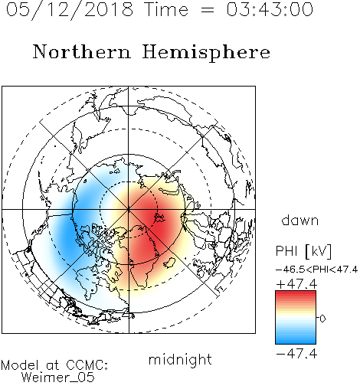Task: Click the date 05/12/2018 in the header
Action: pos(70,10)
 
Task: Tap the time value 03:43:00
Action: pos(270,9)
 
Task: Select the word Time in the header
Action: pos(166,9)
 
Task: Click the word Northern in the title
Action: pos(82,51)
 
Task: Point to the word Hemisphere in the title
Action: pos(206,53)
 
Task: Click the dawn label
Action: pos(300,220)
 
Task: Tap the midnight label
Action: pos(180,359)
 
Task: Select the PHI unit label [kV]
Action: pos(319,251)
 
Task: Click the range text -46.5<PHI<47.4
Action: pos(316,270)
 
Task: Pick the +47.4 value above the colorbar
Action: pos(296,284)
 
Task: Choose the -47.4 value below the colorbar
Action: pos(296,354)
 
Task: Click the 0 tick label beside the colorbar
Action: pos(322,319)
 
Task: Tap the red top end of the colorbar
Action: pos(296,293)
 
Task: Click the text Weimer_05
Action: pos(58,378)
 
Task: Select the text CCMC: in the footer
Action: pos(87,365)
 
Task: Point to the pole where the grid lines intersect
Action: pos(129,209)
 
